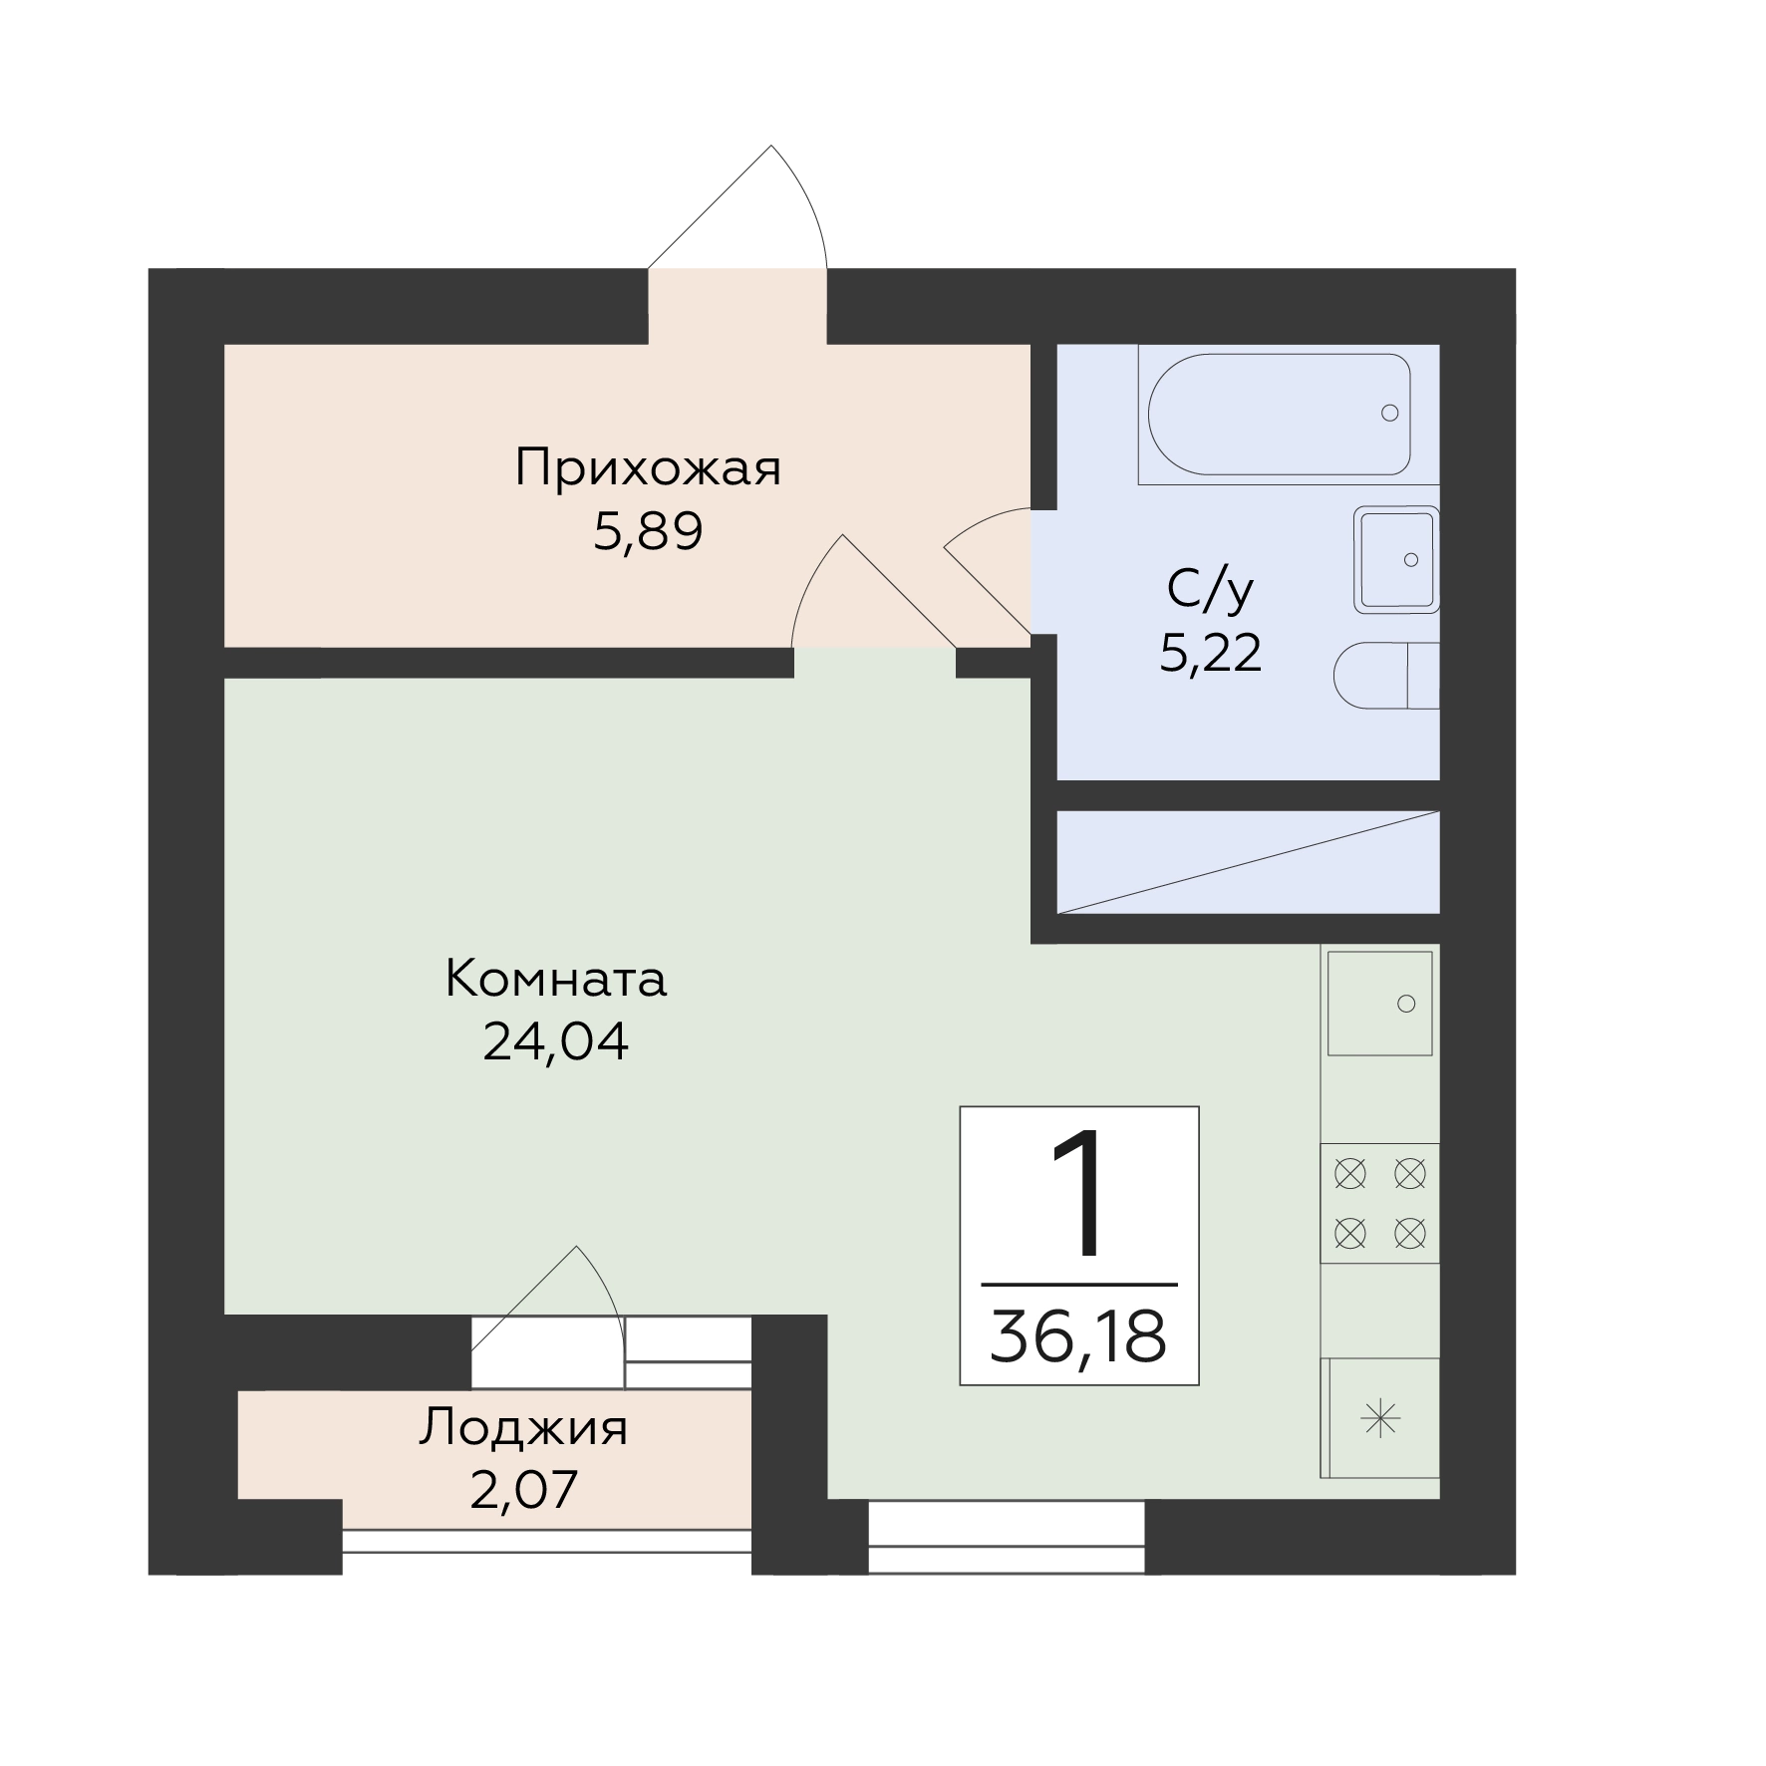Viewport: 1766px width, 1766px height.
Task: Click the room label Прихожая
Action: tap(648, 467)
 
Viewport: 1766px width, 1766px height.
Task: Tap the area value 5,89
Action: tap(648, 531)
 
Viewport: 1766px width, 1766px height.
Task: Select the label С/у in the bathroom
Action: tap(1210, 590)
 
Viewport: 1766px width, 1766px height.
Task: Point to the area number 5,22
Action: tap(1211, 654)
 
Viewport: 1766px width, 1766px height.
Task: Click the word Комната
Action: tap(555, 979)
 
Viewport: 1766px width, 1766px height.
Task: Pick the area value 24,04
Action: tap(555, 1042)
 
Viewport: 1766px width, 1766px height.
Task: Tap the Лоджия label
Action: tap(523, 1428)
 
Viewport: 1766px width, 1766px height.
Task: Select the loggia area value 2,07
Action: tap(523, 1491)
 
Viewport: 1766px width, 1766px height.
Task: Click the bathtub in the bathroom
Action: tap(1280, 414)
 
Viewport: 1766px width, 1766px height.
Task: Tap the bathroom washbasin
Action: tap(1396, 559)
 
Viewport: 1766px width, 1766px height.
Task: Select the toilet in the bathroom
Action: tap(1386, 676)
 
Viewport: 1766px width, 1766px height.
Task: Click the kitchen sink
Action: tap(1379, 1003)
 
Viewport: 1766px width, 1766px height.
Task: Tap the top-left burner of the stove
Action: tap(1350, 1174)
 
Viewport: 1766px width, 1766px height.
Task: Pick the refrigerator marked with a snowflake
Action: tap(1380, 1417)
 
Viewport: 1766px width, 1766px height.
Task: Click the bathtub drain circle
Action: tap(1389, 413)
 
